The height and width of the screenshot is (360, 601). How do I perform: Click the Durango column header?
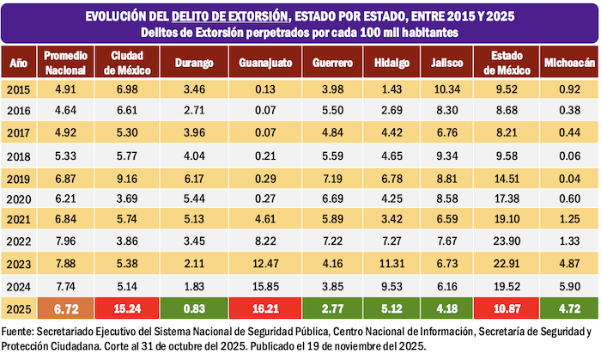click(188, 63)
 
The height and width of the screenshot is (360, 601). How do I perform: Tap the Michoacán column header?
click(565, 63)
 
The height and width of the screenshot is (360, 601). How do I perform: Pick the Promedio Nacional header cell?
click(66, 63)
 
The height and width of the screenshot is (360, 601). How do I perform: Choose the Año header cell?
click(18, 63)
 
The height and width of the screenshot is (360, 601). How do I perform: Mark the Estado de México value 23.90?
click(501, 242)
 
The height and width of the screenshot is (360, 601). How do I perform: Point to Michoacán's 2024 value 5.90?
click(565, 286)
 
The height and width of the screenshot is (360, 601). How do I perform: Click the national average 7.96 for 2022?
click(66, 242)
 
